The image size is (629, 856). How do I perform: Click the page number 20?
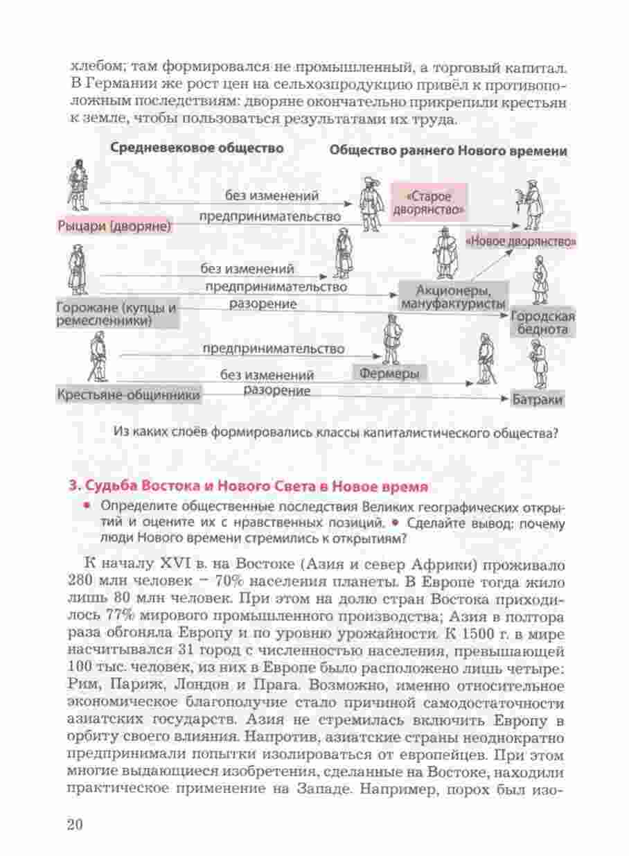pos(75,824)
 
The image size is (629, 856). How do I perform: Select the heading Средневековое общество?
pos(197,148)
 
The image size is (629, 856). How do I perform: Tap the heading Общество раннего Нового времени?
pos(449,150)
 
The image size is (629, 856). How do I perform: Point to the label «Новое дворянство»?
pos(521,241)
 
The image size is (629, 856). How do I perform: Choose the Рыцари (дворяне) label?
pos(115,226)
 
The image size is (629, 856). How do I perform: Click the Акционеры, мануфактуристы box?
pos(453,296)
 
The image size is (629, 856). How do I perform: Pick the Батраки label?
pos(537,401)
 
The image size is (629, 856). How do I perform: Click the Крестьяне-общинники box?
pos(129,395)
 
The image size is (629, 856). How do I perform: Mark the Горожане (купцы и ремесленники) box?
pos(116,314)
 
